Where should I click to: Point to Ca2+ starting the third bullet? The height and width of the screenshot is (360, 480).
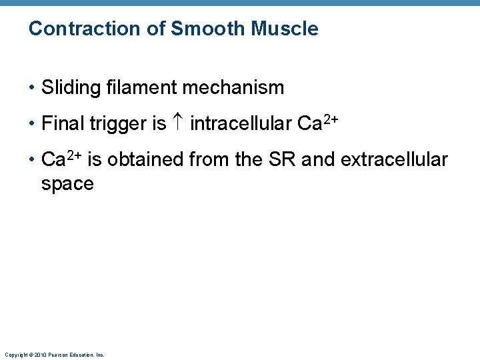click(x=62, y=159)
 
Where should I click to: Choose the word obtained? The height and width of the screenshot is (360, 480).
click(x=146, y=159)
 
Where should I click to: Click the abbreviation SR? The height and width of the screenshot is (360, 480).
click(x=267, y=159)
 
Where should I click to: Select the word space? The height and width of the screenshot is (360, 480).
click(x=67, y=184)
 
